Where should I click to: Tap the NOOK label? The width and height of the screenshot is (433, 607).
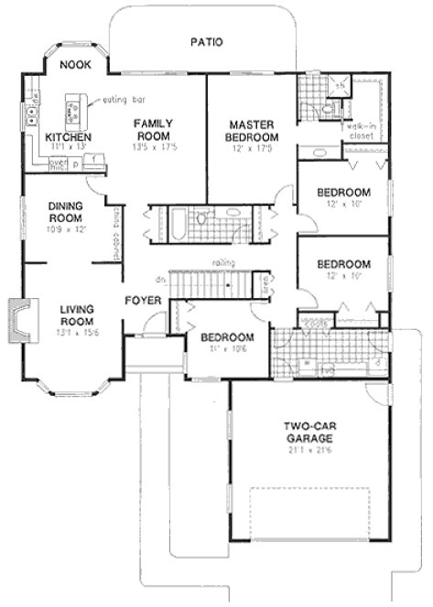73,66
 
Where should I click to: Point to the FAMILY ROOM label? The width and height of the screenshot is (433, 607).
154,129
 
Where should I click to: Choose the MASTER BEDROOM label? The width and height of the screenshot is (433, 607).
253,131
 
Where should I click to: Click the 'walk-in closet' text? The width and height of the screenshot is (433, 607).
360,133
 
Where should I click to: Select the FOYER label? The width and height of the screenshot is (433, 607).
144,299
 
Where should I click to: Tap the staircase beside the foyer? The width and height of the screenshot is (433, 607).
216,286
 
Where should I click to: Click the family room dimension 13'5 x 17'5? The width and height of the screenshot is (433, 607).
154,145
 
